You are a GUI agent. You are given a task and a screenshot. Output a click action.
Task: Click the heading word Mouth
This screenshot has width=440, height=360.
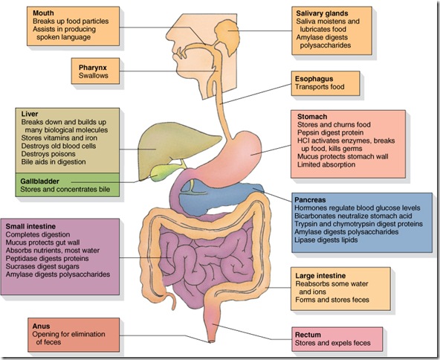pos(43,13)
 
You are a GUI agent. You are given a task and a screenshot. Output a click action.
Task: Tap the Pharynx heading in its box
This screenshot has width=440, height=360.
pos(93,68)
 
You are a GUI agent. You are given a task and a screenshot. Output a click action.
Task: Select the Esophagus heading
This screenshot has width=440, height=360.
pos(314,79)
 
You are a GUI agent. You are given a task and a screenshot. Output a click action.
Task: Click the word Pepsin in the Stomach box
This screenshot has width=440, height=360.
pos(307,132)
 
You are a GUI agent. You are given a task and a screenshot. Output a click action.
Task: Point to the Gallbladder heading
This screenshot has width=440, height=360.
pos(40,181)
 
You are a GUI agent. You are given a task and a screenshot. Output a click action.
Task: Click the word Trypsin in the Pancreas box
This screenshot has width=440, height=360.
pos(305,224)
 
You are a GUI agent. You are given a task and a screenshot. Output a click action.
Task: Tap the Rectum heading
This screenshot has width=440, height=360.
pos(308,335)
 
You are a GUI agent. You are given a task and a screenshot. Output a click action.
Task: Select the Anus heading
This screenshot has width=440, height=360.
pos(41,326)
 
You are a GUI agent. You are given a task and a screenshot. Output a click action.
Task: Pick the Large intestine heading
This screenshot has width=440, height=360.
pos(320,276)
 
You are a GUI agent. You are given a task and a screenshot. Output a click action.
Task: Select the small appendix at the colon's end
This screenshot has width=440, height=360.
pos(171,300)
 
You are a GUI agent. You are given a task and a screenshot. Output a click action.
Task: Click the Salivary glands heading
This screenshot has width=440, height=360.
pos(322,13)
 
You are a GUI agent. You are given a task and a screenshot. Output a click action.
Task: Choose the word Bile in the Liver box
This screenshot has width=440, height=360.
pos(27,161)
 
